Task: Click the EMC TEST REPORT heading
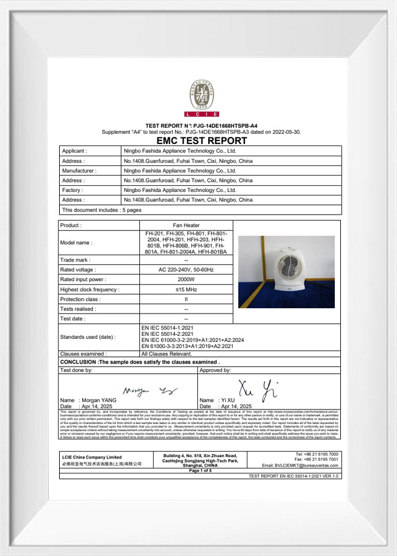[x=201, y=141]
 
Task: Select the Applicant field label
[x=74, y=151]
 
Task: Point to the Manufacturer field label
[x=79, y=171]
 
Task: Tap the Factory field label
[x=74, y=190]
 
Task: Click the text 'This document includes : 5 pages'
[x=101, y=210]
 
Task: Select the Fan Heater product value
[x=186, y=225]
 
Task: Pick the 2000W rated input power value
[x=186, y=279]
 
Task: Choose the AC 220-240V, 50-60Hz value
[x=186, y=270]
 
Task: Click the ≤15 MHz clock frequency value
[x=186, y=289]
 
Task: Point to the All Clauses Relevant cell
[x=167, y=354]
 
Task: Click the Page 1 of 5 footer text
[x=200, y=470]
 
